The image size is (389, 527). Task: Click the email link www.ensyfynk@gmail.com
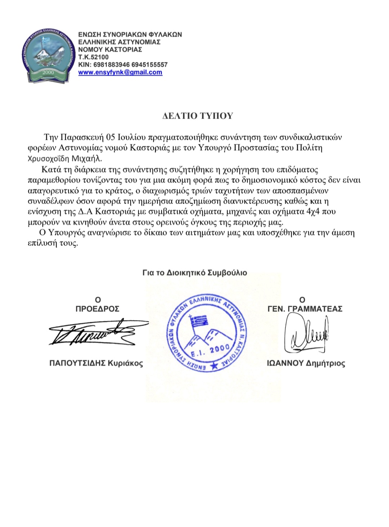pyautogui.click(x=120, y=72)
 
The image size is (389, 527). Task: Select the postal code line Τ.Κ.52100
pyautogui.click(x=93, y=57)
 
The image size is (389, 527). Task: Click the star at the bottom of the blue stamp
pyautogui.click(x=215, y=367)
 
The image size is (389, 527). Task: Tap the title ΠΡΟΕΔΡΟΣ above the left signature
pyautogui.click(x=97, y=309)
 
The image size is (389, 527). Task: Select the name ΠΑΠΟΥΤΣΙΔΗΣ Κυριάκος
pyautogui.click(x=96, y=363)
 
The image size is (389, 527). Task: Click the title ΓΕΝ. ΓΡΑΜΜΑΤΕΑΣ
pyautogui.click(x=305, y=309)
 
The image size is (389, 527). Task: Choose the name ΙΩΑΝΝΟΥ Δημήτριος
pyautogui.click(x=306, y=363)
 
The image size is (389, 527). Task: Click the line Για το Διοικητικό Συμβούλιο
pyautogui.click(x=194, y=273)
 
